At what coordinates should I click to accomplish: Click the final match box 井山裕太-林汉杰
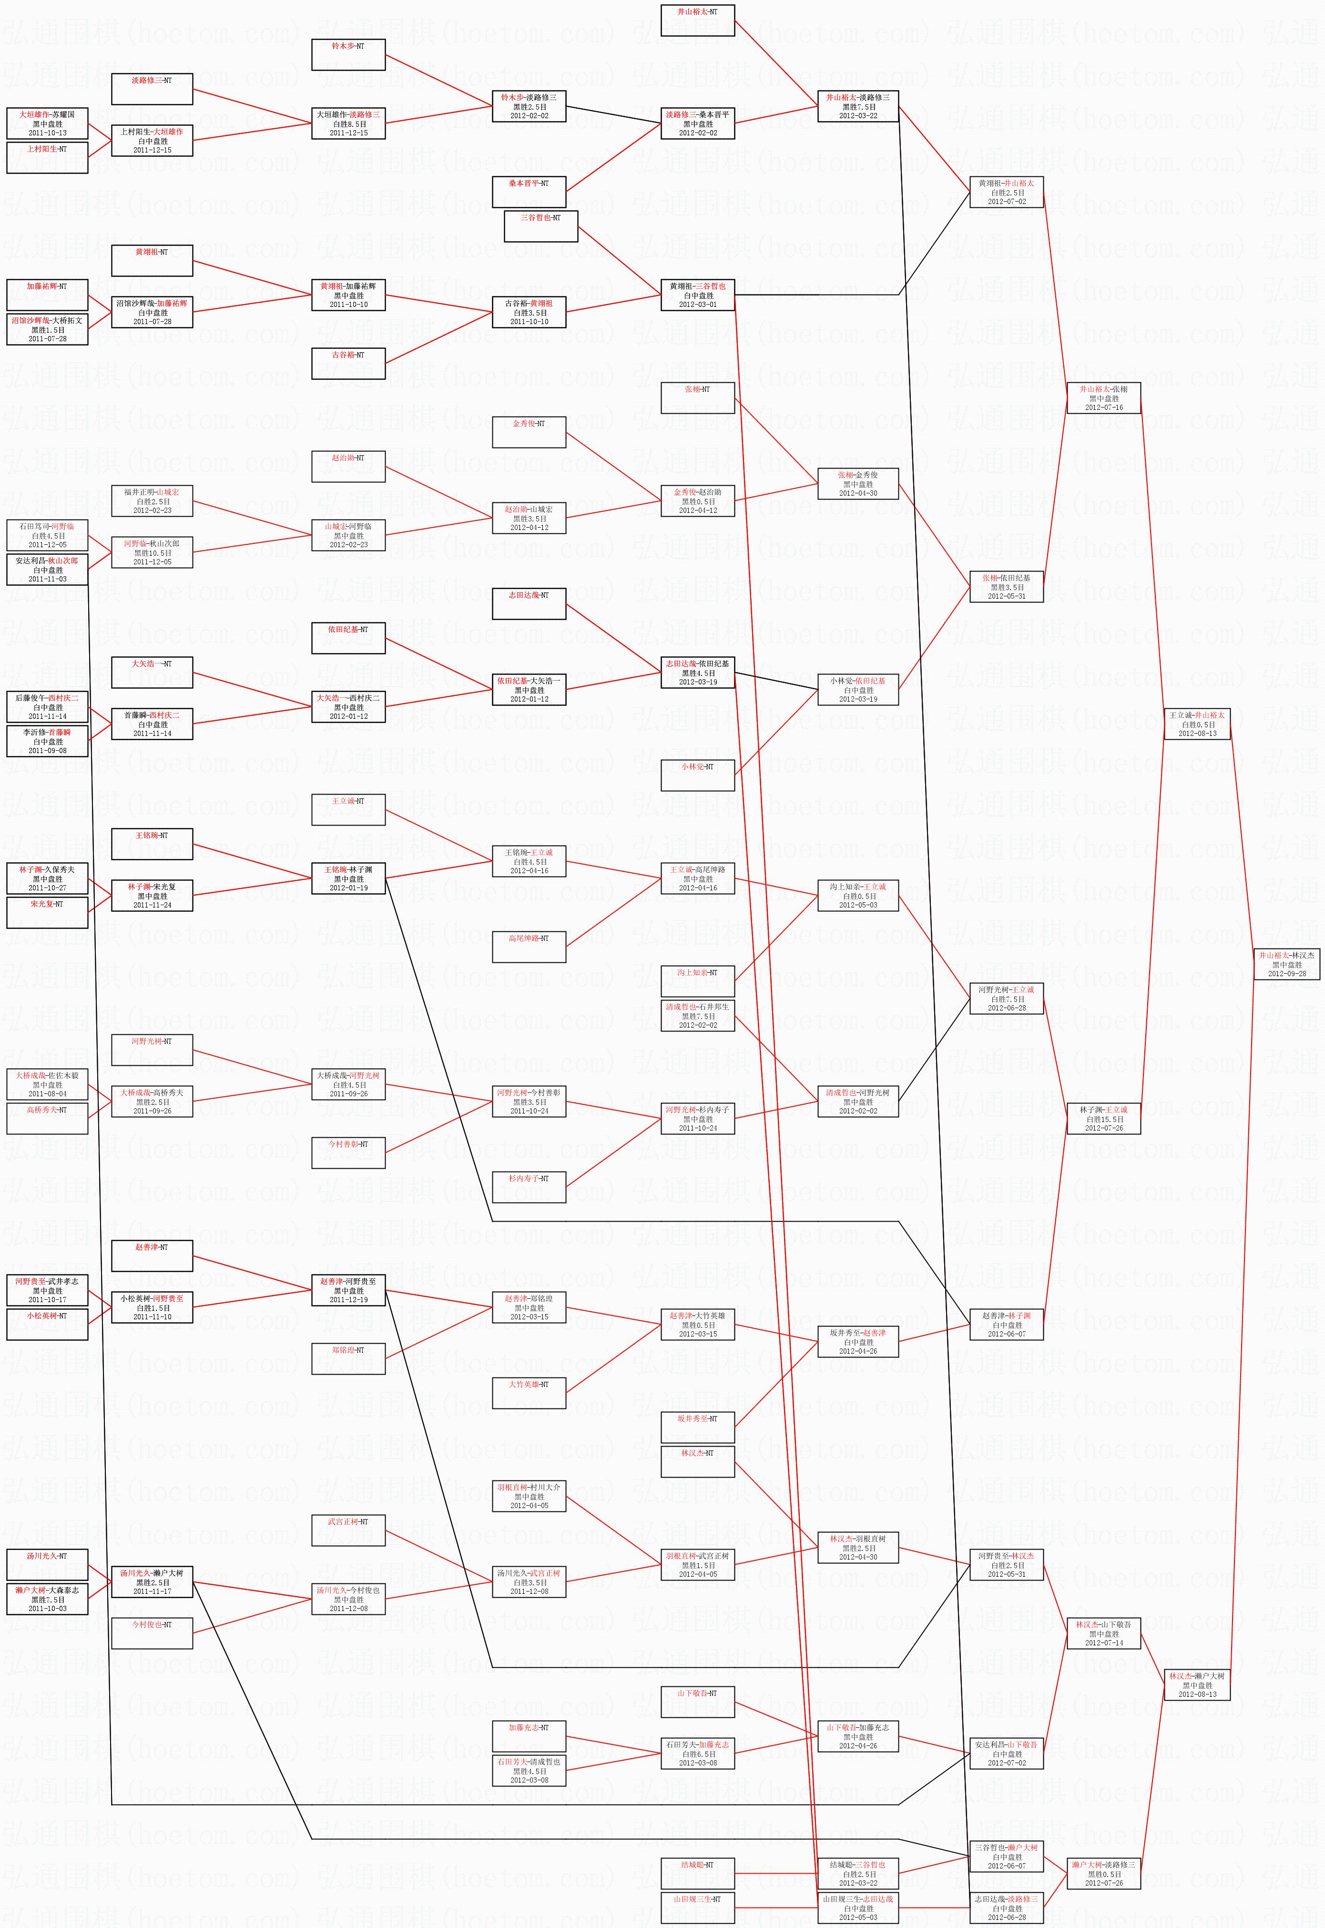tap(1287, 964)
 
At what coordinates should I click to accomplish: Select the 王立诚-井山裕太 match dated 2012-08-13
tap(1196, 723)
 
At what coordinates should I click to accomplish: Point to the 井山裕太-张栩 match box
tap(1103, 398)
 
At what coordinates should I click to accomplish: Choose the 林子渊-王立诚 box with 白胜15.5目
tap(1103, 1119)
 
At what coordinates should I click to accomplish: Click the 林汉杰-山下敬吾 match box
tap(1103, 1633)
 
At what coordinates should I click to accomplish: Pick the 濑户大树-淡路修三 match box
tap(1103, 1873)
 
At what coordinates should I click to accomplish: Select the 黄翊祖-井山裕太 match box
tap(1006, 192)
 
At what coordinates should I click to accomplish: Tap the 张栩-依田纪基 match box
tap(1006, 586)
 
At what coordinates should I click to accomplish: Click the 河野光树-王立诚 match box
tap(1006, 998)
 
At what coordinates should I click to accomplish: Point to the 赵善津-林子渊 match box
tap(1006, 1325)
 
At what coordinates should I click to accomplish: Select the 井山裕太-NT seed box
tap(697, 21)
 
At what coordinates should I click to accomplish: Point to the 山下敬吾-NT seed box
tap(697, 1702)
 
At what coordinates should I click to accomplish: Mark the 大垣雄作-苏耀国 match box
tap(47, 123)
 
